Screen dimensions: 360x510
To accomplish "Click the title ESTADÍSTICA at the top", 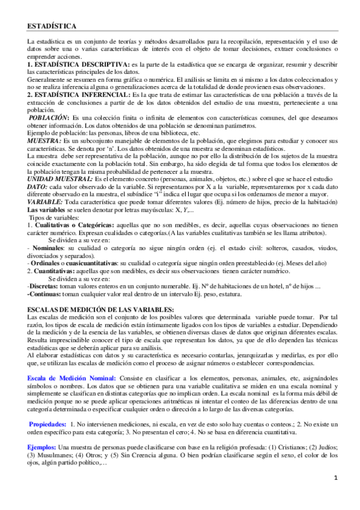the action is coord(52,26).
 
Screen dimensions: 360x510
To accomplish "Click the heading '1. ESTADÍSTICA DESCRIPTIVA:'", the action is coord(78,64).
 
